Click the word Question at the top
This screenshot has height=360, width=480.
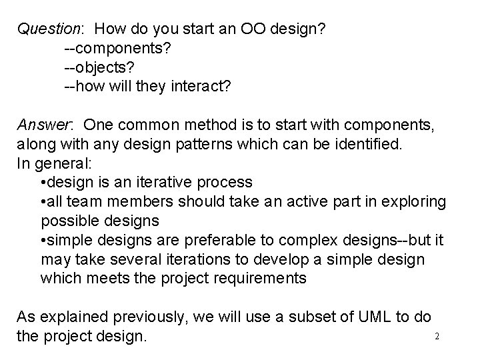(48, 29)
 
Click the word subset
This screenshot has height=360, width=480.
(313, 317)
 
